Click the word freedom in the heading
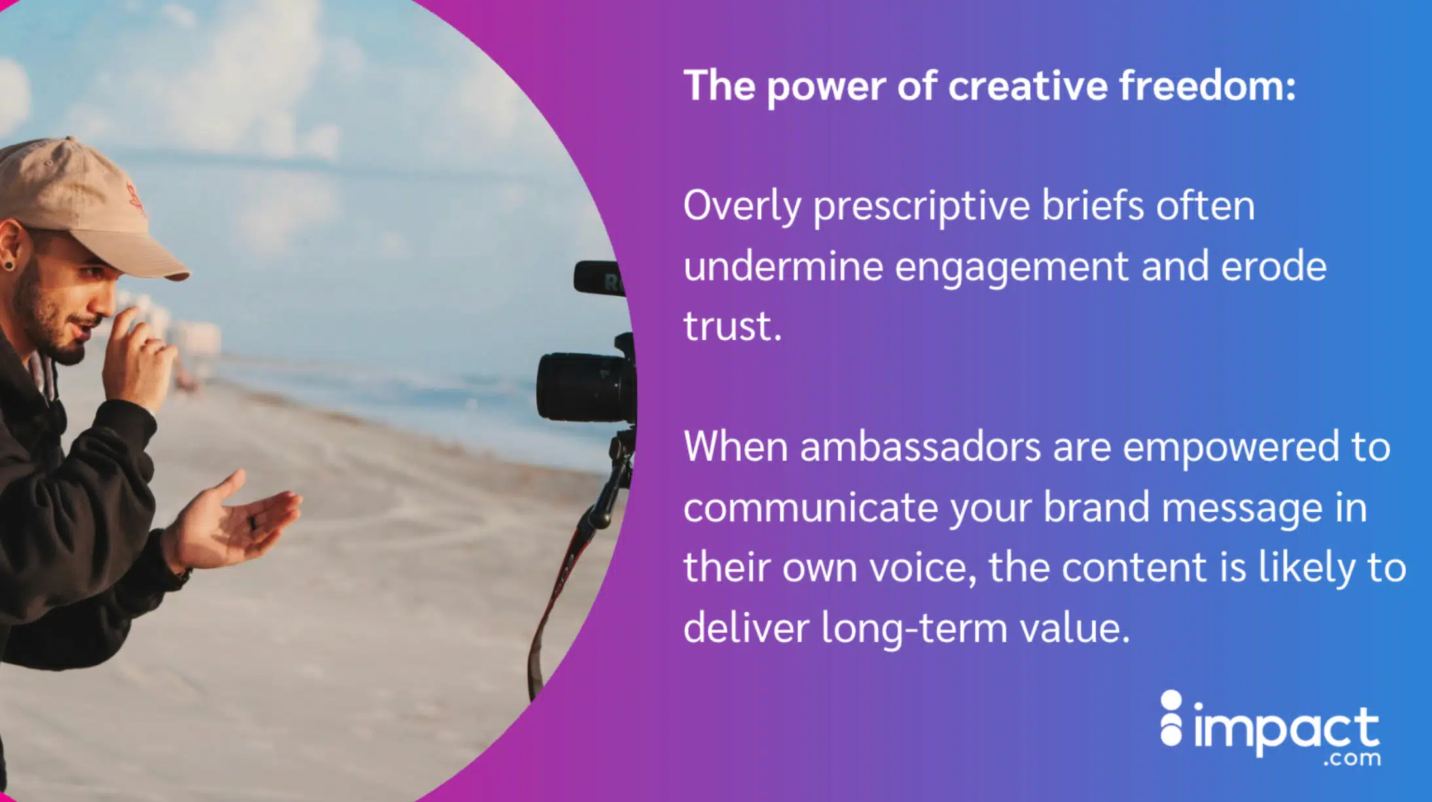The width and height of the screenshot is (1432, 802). click(1207, 86)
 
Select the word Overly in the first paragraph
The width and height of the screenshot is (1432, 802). click(742, 207)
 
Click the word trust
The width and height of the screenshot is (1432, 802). click(732, 326)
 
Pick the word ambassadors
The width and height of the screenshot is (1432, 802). click(920, 447)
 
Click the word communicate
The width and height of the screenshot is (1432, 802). click(810, 508)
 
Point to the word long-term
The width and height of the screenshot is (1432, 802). click(914, 629)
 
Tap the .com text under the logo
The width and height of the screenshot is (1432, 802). click(1351, 759)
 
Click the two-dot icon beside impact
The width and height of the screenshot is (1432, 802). click(1171, 718)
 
